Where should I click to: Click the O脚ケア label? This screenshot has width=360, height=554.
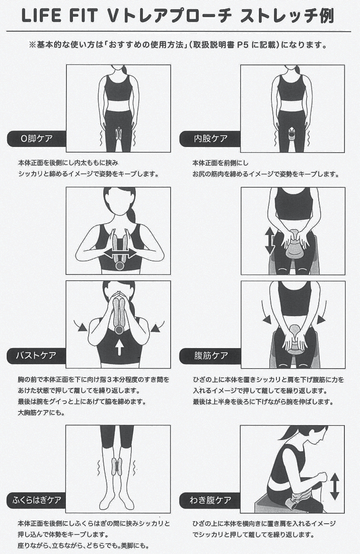point(36,138)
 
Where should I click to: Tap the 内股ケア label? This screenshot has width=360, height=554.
point(210,138)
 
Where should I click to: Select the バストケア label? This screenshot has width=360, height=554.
point(36,356)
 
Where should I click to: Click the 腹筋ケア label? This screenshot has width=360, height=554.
point(210,356)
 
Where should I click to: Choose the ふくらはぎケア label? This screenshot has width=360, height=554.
point(36,500)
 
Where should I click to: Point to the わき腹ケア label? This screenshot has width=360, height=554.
point(210,500)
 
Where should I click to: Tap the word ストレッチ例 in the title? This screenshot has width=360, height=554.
point(286,16)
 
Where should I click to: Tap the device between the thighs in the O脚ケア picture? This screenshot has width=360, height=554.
point(119,134)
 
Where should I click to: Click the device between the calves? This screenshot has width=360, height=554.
point(117,466)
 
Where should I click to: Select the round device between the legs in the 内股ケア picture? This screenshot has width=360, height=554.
point(292,134)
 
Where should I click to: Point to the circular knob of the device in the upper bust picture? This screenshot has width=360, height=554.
point(120,266)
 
